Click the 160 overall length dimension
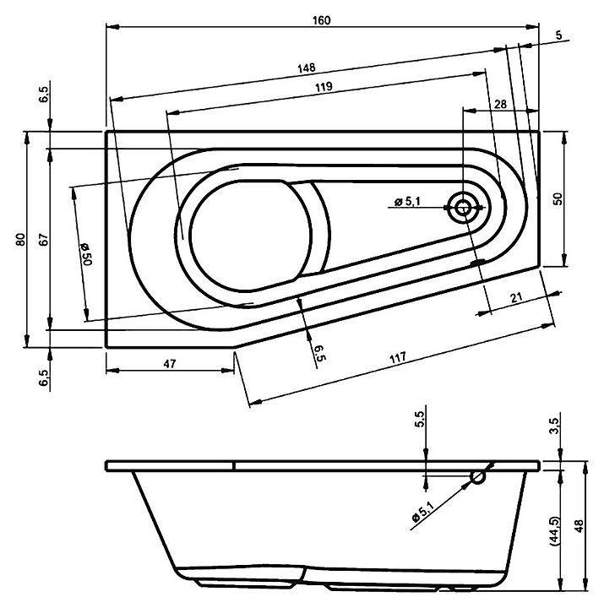322,20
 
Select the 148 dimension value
307,68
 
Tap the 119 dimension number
324,86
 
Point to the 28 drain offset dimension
500,104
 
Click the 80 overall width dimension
20,239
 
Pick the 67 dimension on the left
44,239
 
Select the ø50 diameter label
85,254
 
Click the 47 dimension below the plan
170,363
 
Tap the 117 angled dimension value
398,357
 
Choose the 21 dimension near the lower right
516,298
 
